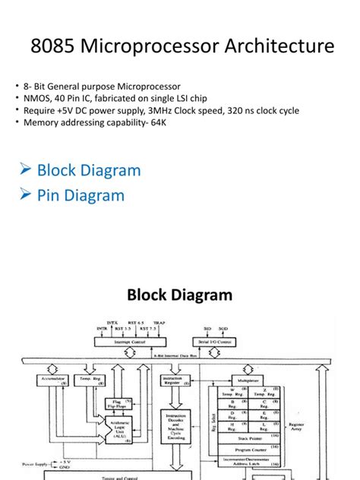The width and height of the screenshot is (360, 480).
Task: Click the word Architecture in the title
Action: tap(276, 47)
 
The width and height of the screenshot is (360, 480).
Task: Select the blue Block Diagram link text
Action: tap(89, 170)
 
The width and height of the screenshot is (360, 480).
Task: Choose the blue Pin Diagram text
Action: tap(81, 195)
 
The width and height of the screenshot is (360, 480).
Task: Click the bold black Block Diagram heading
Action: tap(179, 295)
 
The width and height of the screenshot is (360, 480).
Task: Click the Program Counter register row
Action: tap(252, 450)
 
